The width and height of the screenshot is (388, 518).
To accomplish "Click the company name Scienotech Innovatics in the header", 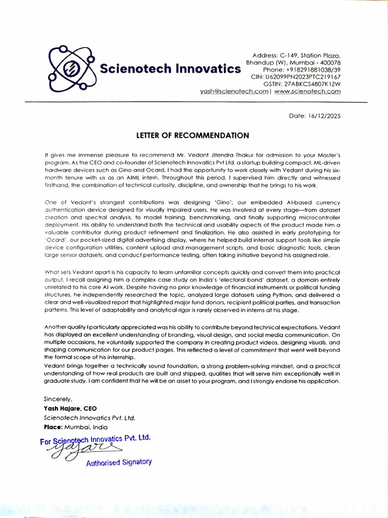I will [x=170, y=69].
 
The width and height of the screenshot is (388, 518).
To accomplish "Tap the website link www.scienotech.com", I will [x=308, y=92].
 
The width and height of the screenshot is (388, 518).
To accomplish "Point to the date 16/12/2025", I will [x=324, y=116].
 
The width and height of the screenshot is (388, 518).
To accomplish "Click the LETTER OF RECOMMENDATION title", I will [x=192, y=136].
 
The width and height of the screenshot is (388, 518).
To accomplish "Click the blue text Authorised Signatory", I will [x=119, y=462].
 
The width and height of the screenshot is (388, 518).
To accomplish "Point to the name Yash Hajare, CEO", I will [x=70, y=408].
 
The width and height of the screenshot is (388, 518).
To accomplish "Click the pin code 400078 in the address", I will [x=330, y=62].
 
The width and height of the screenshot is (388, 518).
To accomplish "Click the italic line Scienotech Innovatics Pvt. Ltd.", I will [x=89, y=418].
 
